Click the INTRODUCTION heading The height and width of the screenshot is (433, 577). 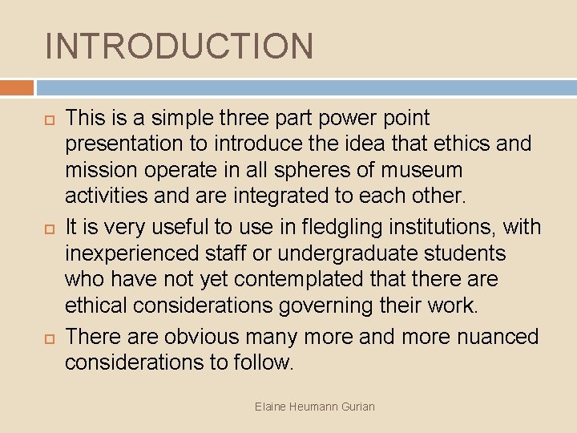[180, 46]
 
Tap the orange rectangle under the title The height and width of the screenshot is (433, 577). [17, 87]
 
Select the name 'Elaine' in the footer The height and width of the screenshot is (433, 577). [270, 407]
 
